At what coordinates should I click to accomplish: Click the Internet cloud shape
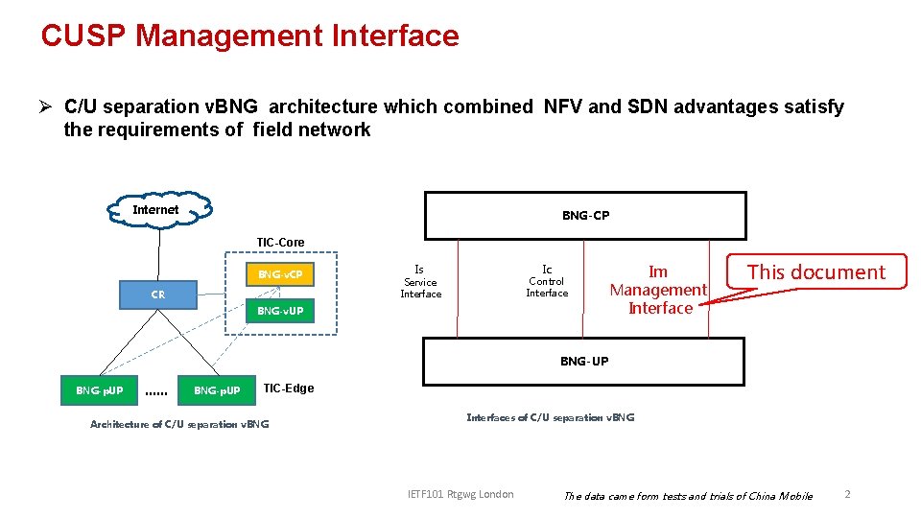point(157,210)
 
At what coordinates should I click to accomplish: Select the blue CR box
point(158,294)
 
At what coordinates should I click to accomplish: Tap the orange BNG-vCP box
point(280,274)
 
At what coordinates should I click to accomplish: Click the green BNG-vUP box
point(280,311)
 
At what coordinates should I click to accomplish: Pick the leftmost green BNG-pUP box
point(100,390)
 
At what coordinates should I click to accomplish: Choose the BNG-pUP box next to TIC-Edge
point(218,390)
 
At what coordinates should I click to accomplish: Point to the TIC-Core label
point(280,242)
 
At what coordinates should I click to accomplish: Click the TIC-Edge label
point(288,388)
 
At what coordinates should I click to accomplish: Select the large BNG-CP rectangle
point(585,216)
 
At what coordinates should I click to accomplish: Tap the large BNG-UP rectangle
point(583,362)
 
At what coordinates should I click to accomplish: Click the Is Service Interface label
point(420,282)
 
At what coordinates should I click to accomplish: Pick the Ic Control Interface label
point(547,281)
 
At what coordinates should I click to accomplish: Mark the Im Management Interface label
point(659,290)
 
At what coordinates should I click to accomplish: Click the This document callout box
point(816,271)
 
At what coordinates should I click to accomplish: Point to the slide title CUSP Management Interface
point(249,35)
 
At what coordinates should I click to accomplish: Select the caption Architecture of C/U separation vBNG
point(179,424)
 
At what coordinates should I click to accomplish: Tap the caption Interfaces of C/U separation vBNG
point(550,417)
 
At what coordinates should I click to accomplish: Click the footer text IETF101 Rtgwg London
point(460,494)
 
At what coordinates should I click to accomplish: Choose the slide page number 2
point(847,494)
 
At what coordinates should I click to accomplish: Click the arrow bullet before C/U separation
point(45,107)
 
